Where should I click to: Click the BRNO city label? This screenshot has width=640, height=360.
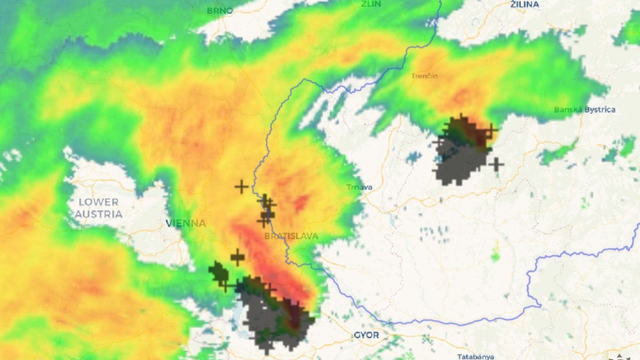[x=220, y=10]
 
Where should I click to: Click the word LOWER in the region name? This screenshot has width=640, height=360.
[x=98, y=202]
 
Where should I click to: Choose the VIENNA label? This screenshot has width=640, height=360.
[x=186, y=223]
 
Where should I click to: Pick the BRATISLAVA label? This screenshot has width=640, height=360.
[x=291, y=236]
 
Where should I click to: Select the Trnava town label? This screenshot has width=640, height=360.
[x=359, y=187]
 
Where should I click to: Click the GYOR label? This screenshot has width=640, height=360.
[x=366, y=336]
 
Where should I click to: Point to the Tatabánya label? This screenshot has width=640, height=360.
[x=477, y=356]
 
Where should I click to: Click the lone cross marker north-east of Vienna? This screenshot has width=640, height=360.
[x=241, y=186]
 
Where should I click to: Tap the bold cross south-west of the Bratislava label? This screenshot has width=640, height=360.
[x=237, y=257]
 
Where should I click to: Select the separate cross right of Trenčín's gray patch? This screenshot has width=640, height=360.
[x=496, y=163]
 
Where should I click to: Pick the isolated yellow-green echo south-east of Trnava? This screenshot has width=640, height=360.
[x=494, y=256]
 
